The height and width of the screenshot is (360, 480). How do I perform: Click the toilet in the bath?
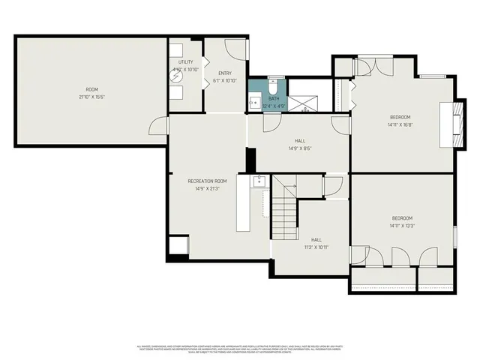(274, 85)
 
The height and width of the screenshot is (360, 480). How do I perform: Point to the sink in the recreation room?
(259, 181)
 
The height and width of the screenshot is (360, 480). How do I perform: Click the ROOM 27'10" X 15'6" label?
(91, 94)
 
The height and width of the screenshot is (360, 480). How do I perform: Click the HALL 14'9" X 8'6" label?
(299, 144)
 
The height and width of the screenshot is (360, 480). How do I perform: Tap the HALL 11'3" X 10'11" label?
(316, 243)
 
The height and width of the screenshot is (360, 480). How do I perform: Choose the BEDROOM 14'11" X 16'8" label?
(400, 121)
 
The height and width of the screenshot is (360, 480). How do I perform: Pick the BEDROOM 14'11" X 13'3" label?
(401, 222)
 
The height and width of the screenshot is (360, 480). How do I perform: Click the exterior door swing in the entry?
(236, 49)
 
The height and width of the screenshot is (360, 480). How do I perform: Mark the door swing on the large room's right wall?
(157, 126)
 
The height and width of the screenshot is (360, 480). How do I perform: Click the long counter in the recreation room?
(244, 203)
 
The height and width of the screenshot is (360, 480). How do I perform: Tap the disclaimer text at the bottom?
(240, 349)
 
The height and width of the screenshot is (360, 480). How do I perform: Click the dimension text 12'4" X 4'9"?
(274, 106)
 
